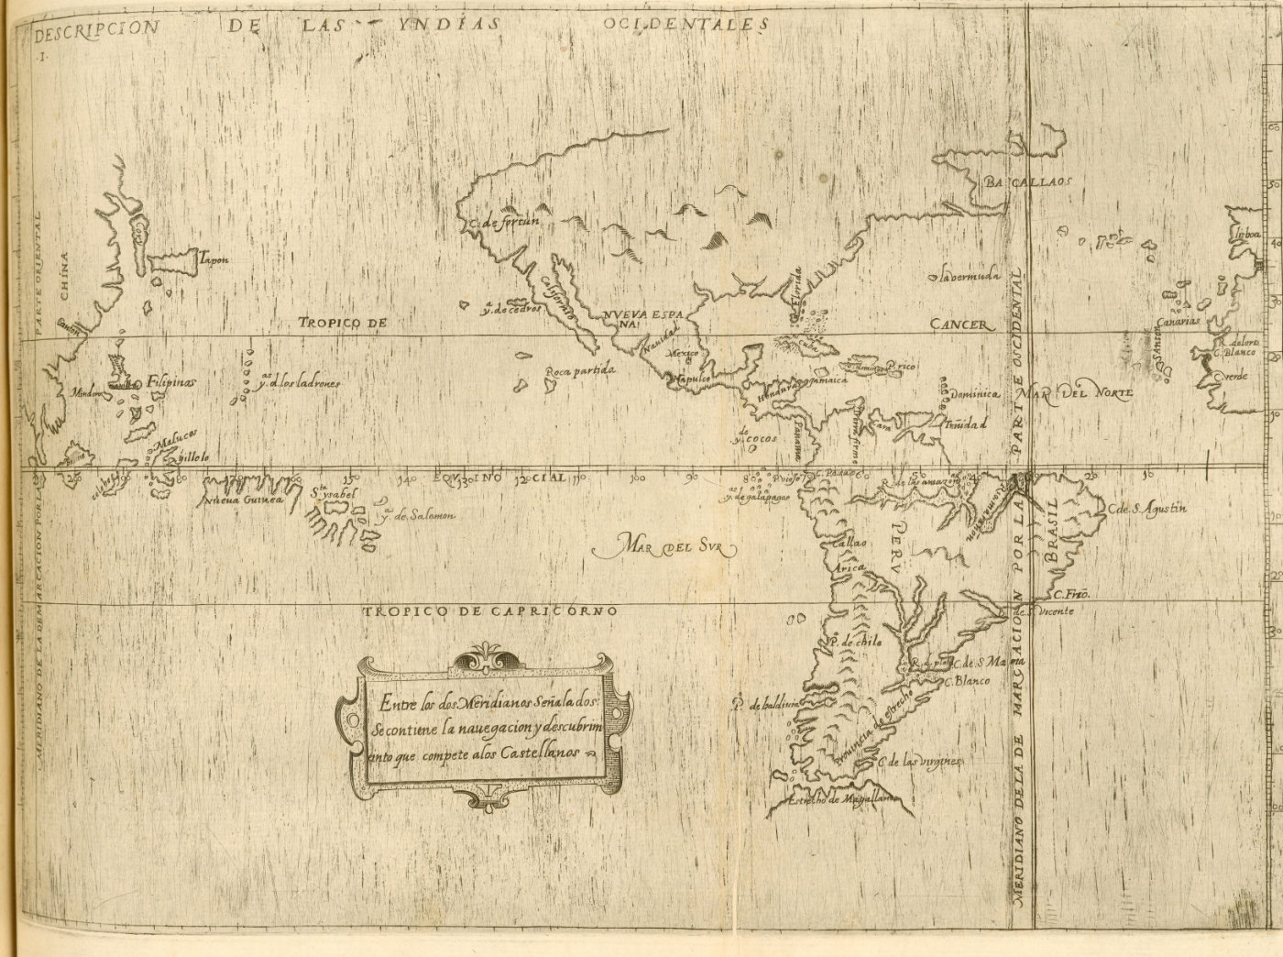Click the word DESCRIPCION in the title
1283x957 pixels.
(x=94, y=27)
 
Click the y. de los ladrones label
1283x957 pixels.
(x=299, y=383)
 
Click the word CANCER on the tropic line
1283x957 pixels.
(x=960, y=324)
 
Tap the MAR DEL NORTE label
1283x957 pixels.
(x=1080, y=392)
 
